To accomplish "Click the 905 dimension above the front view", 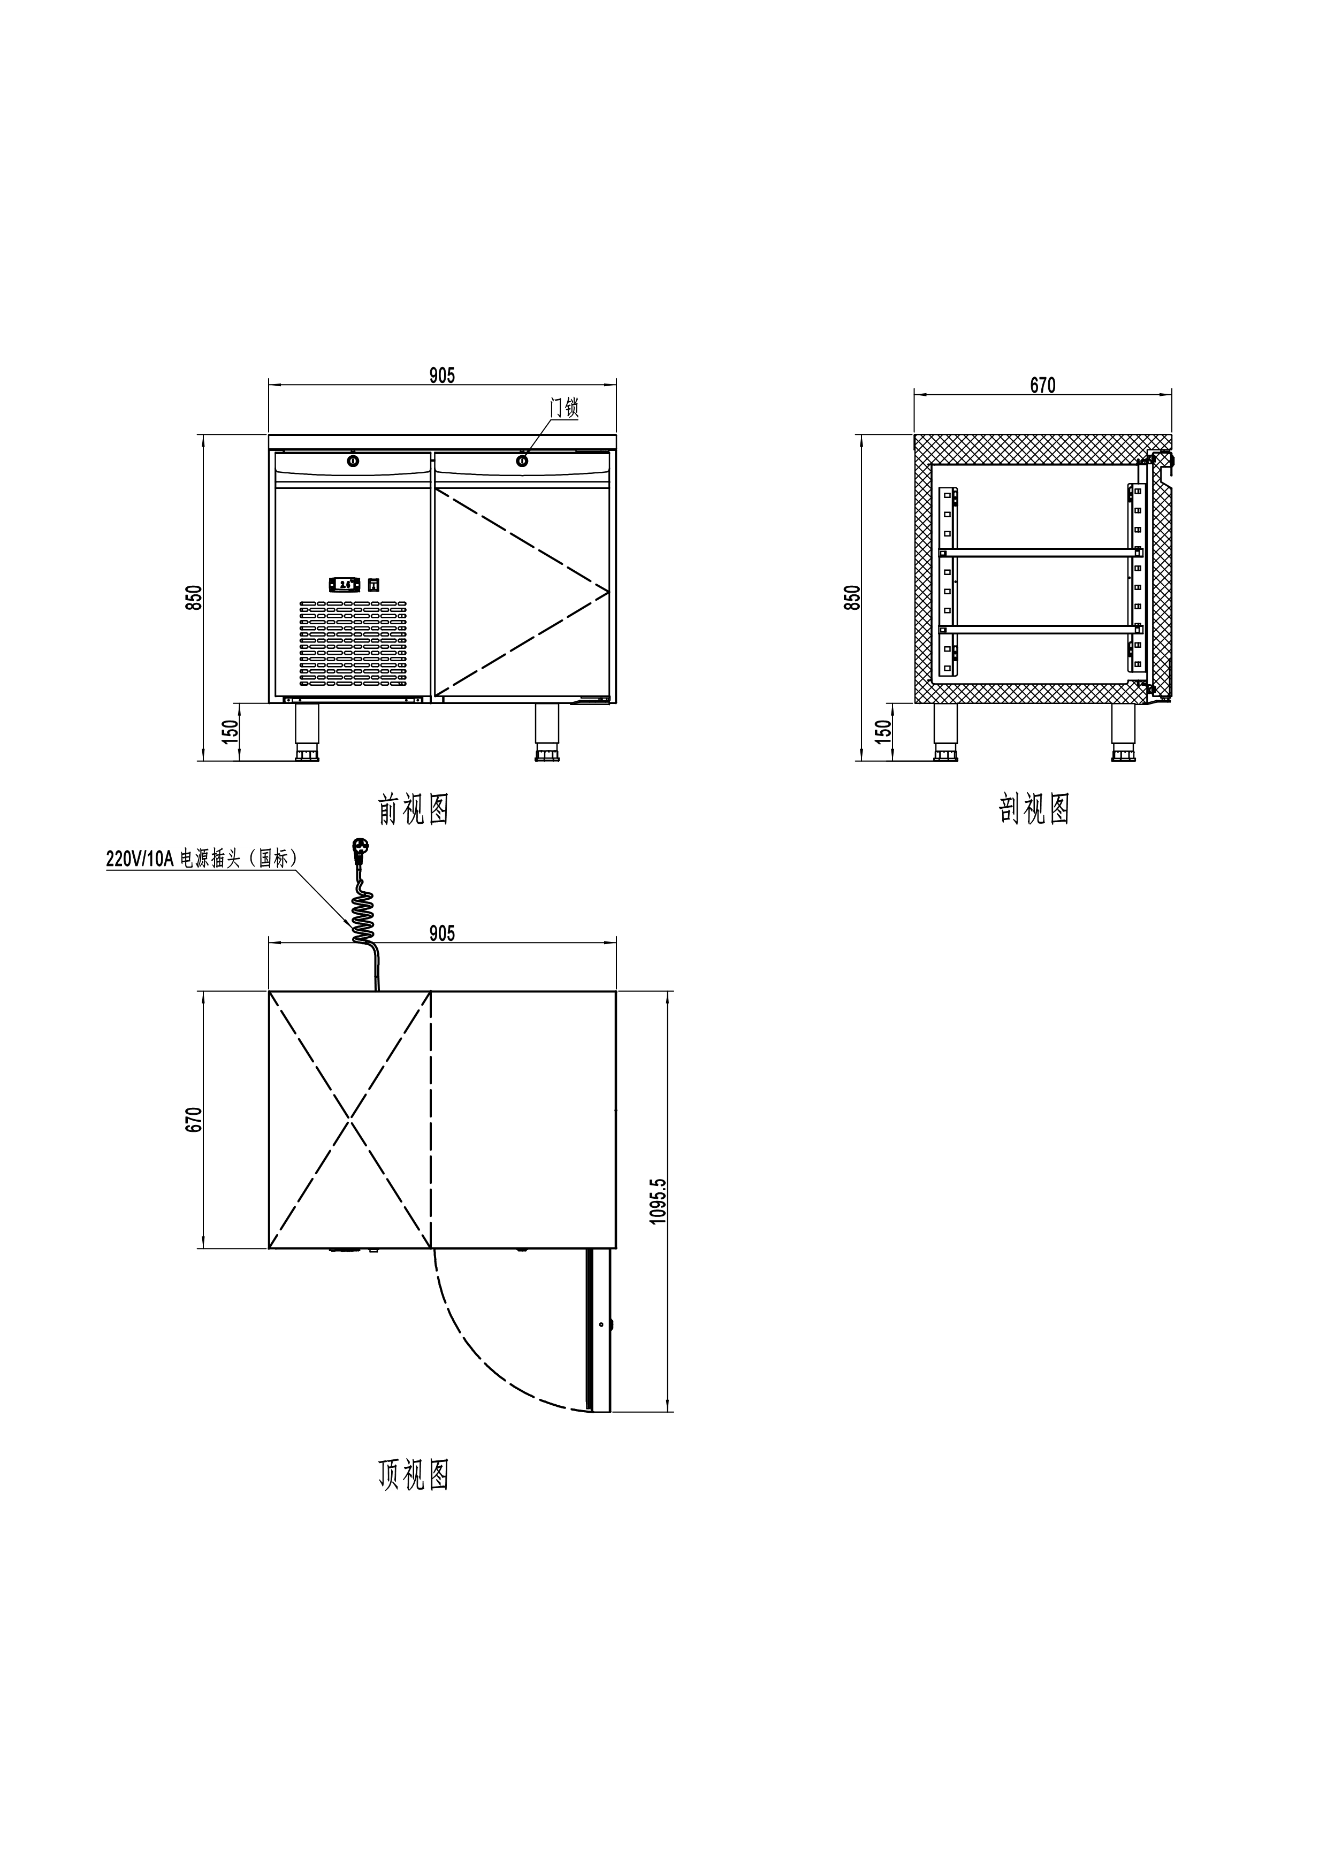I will point(442,376).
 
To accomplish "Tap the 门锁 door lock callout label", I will point(564,408).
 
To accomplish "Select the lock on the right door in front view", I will point(522,462).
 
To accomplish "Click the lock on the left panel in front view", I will point(353,462).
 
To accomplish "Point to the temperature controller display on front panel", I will point(344,584).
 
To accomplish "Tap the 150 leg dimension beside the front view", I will point(231,729).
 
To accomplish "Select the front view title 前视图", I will point(414,809).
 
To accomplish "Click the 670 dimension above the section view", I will point(1043,385).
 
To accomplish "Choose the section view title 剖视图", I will point(1034,809).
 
